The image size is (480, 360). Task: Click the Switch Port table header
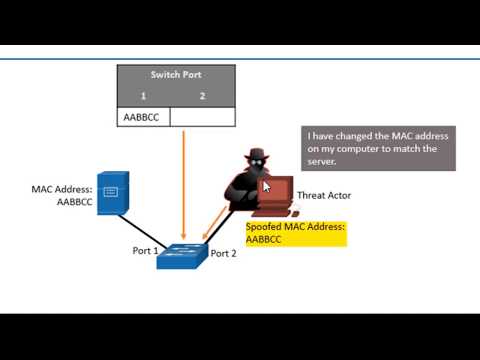(x=176, y=74)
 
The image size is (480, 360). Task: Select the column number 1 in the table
(x=143, y=95)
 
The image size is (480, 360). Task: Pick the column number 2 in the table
(x=202, y=95)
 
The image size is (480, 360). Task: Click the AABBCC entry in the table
(x=142, y=117)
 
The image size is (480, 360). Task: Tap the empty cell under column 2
(x=202, y=117)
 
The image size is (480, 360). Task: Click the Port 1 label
(x=145, y=250)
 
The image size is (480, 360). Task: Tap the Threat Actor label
(x=324, y=195)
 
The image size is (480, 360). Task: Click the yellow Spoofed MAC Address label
(x=295, y=233)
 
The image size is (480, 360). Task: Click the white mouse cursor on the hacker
(x=267, y=185)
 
